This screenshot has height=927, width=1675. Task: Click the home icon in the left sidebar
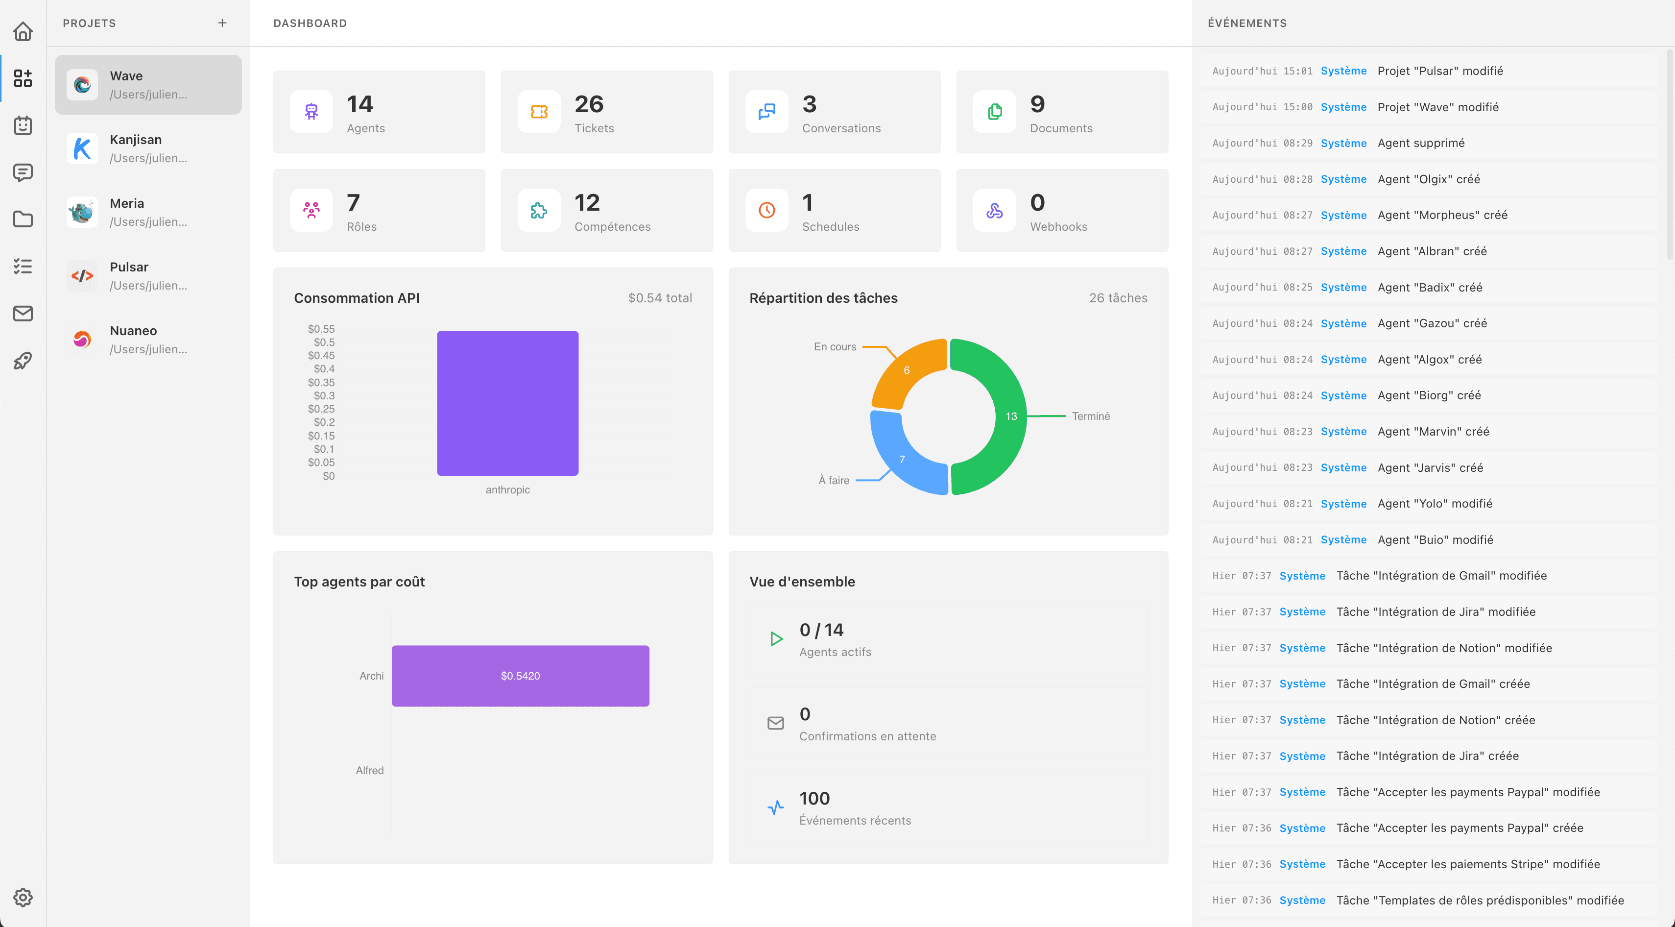click(x=23, y=31)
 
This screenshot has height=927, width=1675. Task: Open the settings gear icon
click(x=23, y=897)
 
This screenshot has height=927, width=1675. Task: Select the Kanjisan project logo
click(x=82, y=148)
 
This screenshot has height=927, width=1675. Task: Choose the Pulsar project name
click(x=129, y=267)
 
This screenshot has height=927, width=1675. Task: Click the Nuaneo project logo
click(x=82, y=339)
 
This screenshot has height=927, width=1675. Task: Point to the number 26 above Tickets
click(x=589, y=104)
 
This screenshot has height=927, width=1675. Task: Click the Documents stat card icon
click(x=994, y=112)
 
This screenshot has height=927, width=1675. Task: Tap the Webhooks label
click(x=1058, y=226)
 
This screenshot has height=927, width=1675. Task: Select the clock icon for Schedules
click(x=766, y=210)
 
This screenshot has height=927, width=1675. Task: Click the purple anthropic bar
click(x=507, y=403)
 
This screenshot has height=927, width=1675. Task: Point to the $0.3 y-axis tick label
click(x=324, y=395)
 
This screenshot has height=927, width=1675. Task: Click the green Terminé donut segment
click(x=1002, y=416)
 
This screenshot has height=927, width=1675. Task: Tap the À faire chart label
click(x=834, y=480)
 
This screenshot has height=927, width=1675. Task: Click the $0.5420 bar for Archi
click(x=520, y=676)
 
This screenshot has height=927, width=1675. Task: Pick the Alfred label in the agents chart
click(x=369, y=770)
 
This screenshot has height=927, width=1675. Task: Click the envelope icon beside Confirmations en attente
click(x=775, y=723)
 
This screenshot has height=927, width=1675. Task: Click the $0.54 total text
click(x=659, y=298)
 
